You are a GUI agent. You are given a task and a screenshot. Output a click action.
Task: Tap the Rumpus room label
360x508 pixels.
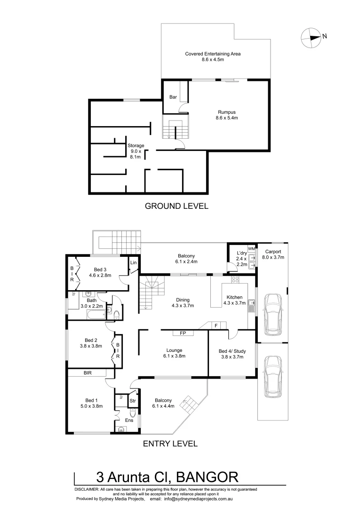pos(226,112)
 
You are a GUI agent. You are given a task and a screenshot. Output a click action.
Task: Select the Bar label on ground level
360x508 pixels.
pos(173,97)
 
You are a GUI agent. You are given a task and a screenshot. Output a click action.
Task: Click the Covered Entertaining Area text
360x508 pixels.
pos(213,54)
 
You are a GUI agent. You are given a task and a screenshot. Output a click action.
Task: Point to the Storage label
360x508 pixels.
pos(136,146)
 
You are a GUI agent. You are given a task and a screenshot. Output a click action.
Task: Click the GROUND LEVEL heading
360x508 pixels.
pos(176,206)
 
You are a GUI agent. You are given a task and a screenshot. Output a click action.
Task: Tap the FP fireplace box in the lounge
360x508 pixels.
pos(183,333)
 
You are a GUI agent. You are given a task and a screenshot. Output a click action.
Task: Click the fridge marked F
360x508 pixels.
pos(216,325)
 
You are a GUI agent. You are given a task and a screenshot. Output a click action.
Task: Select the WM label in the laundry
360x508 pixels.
pos(251,248)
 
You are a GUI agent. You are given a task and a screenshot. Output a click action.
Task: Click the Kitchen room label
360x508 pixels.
pos(234,297)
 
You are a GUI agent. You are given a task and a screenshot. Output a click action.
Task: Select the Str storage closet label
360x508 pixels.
pos(133,401)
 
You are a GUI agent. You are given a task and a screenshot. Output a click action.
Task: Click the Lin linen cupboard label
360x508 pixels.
pos(134,262)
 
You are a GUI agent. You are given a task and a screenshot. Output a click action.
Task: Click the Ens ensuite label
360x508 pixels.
pos(129,420)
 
